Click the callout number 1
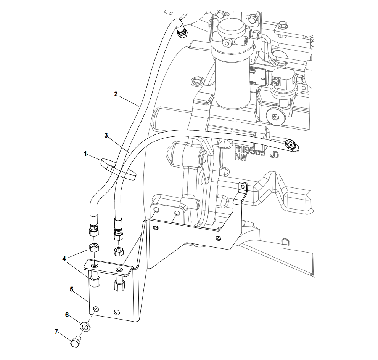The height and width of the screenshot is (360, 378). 86,154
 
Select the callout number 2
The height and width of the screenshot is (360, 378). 116,94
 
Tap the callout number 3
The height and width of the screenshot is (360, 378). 106,135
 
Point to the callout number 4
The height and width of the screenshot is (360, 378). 64,259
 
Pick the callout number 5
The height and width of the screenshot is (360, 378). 71,289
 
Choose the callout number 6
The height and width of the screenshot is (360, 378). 67,315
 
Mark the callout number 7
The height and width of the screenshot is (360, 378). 56,331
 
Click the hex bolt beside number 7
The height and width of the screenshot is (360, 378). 76,341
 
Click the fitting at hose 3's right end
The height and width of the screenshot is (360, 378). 292,144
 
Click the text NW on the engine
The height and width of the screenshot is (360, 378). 241,157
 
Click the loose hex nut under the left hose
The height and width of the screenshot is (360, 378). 94,248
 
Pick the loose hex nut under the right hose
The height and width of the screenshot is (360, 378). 119,251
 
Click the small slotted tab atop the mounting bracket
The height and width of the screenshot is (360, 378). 242,187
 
